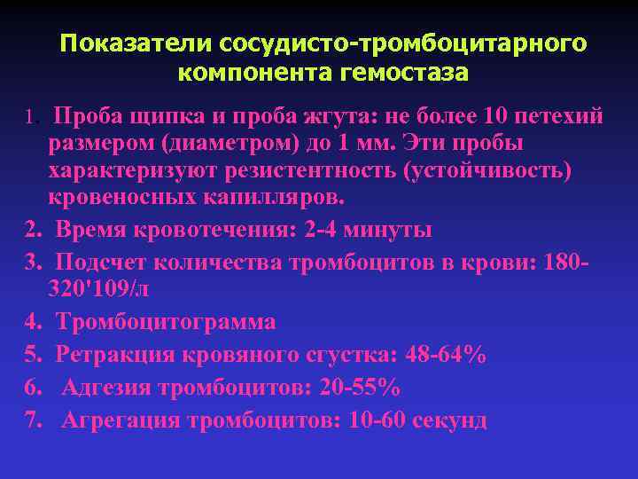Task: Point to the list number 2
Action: pyautogui.click(x=33, y=231)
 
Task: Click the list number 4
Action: pyautogui.click(x=33, y=321)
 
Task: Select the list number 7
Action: pyautogui.click(x=33, y=420)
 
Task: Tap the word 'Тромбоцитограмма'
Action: pyautogui.click(x=166, y=321)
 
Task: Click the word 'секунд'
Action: pyautogui.click(x=448, y=420)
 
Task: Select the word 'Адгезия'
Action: pyautogui.click(x=108, y=388)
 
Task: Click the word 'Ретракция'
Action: pyautogui.click(x=116, y=355)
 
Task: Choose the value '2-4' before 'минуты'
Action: pyautogui.click(x=323, y=231)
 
